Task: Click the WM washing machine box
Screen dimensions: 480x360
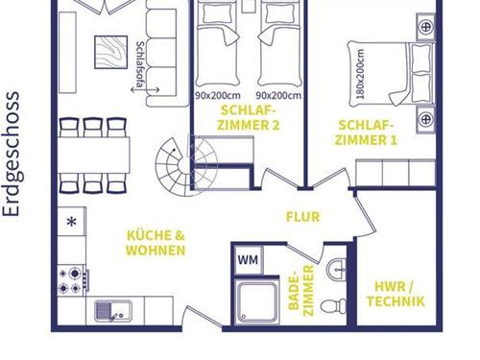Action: tap(249, 259)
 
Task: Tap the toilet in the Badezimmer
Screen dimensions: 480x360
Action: tap(333, 306)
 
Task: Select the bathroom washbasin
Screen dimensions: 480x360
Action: tap(336, 270)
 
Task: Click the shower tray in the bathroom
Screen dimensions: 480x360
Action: tap(257, 301)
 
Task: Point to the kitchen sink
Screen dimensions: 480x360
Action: tap(113, 311)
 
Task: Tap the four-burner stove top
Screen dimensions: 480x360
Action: tap(72, 280)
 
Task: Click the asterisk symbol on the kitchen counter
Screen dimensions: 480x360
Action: tap(72, 222)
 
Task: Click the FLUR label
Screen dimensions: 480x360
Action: tap(302, 217)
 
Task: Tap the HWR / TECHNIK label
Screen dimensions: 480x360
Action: tap(396, 294)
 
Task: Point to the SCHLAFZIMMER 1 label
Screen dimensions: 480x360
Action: tap(366, 132)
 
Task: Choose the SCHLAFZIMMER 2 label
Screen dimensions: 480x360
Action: tap(249, 118)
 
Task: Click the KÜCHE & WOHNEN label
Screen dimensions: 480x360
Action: tap(156, 243)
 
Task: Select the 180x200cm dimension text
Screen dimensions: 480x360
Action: tap(361, 73)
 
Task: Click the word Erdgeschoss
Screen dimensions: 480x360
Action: tap(12, 155)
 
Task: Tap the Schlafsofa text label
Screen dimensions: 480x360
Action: tap(139, 64)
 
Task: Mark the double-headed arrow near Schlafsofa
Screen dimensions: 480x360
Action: tap(145, 90)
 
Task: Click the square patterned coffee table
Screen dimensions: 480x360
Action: tap(111, 52)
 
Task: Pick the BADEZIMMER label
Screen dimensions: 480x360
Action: tap(301, 290)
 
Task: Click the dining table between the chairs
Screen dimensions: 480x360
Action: tap(94, 156)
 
